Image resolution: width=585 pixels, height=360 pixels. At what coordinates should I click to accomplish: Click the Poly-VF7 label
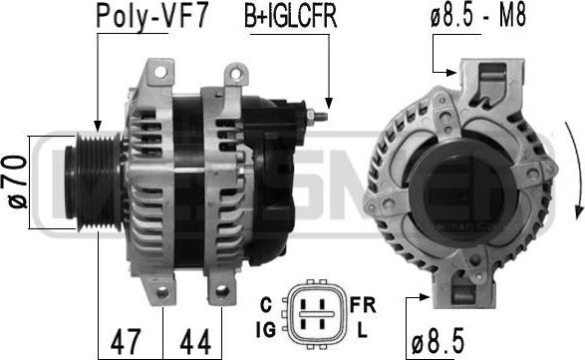[x=151, y=16]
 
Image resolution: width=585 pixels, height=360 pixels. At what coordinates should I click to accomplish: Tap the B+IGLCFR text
[x=291, y=16]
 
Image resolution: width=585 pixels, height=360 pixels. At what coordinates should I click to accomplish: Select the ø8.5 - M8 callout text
[x=478, y=15]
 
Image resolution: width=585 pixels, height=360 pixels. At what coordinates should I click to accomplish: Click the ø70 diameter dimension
[x=17, y=181]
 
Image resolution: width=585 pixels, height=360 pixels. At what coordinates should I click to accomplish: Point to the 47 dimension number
[x=127, y=341]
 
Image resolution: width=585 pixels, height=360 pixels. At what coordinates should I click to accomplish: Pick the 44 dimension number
[x=195, y=341]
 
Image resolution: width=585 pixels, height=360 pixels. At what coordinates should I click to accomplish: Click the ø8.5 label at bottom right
[x=438, y=341]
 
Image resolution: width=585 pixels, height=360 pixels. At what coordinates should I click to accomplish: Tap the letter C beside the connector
[x=266, y=305]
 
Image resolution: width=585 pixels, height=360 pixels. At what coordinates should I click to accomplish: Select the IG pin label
[x=266, y=329]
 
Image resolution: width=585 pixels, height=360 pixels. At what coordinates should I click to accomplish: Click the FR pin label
[x=363, y=305]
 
